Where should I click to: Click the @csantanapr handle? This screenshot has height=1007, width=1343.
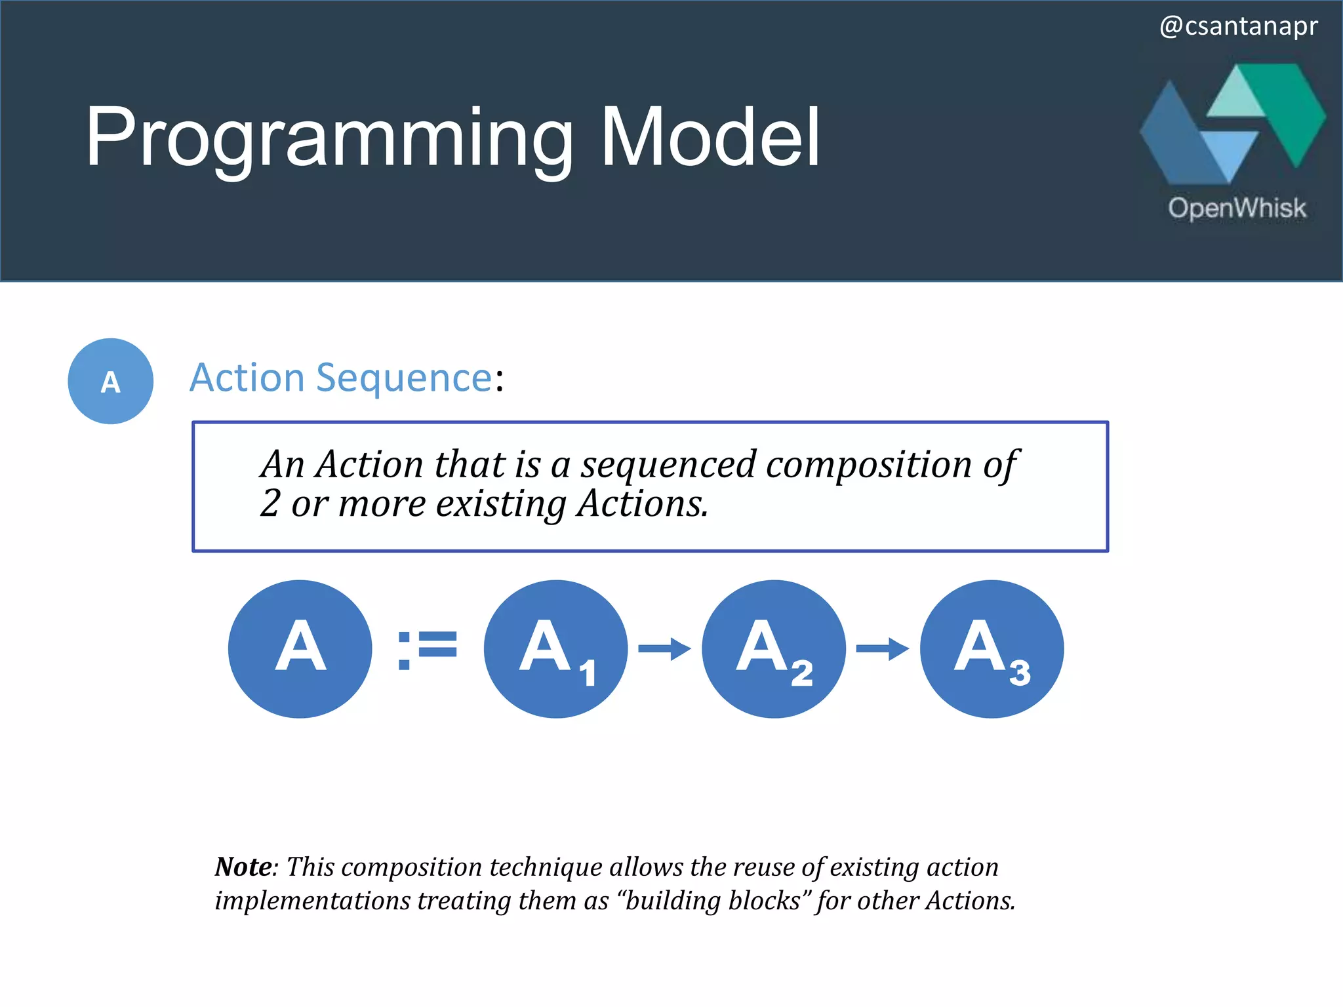1238,26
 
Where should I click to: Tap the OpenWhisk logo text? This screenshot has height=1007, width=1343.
1237,208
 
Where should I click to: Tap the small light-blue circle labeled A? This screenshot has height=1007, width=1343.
110,381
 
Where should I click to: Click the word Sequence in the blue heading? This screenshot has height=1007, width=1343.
404,378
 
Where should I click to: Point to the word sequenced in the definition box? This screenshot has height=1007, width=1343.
668,464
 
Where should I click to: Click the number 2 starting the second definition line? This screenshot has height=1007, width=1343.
270,503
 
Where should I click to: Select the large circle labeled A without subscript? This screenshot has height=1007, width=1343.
300,648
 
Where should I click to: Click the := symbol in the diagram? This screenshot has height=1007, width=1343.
427,649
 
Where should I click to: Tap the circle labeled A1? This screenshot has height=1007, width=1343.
555,648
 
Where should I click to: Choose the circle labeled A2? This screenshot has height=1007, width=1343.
773,648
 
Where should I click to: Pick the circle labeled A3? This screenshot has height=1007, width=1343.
992,648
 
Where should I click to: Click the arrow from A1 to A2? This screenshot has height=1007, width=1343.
664,649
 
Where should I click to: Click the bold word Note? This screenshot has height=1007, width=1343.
243,867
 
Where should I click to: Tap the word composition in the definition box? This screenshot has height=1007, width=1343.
870,464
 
